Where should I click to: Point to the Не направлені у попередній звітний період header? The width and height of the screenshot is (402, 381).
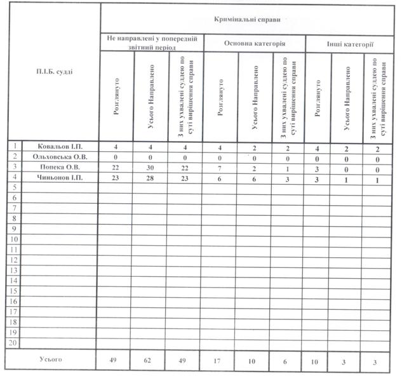tap(151, 43)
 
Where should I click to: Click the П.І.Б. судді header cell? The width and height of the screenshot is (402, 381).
tap(55, 71)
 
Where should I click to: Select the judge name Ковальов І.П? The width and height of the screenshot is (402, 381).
tap(59, 147)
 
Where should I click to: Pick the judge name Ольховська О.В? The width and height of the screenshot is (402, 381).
tap(59, 157)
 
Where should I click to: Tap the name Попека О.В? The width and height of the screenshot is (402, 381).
tap(59, 168)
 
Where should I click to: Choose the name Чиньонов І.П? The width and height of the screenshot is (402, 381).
tap(59, 178)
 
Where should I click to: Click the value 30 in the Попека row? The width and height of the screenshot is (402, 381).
tap(151, 168)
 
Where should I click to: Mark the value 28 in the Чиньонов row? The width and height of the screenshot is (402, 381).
tap(151, 178)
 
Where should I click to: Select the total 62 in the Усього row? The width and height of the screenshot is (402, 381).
tap(151, 361)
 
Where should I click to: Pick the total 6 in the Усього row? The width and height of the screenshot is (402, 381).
tap(287, 361)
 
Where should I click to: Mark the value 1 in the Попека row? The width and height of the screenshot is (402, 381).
tap(287, 168)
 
